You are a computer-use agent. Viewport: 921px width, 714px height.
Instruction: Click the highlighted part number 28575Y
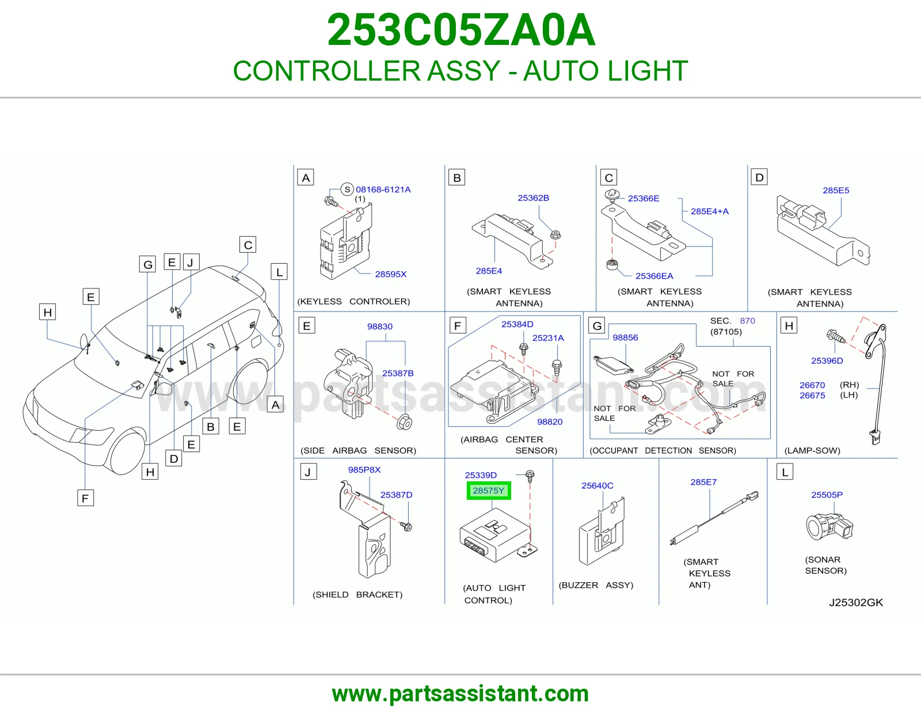(488, 491)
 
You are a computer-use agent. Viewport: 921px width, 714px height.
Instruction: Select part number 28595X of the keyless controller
(390, 274)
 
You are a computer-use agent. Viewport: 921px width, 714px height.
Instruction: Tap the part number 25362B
(533, 198)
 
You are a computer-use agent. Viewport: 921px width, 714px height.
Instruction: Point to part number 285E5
(836, 191)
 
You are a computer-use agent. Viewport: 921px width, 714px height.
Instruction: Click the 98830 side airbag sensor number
(380, 326)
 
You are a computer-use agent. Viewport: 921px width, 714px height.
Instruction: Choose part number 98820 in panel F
(550, 422)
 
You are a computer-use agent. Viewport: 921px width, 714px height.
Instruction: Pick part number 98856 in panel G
(625, 337)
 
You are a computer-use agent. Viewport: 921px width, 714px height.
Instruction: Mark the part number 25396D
(827, 361)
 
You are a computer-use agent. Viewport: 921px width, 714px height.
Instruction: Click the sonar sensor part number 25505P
(827, 495)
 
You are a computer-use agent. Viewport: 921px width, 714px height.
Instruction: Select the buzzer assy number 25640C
(597, 485)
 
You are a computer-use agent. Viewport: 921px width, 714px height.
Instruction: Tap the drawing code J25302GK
(856, 602)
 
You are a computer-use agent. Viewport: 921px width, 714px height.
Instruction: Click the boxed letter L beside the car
(279, 272)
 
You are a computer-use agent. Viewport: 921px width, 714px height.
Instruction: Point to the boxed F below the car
(85, 497)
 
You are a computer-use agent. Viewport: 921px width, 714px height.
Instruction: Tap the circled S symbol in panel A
(347, 189)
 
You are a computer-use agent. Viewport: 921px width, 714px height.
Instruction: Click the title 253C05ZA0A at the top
(461, 30)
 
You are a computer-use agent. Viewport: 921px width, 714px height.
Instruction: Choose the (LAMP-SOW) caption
(812, 450)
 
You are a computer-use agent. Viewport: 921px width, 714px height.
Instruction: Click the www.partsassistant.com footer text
(461, 694)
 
